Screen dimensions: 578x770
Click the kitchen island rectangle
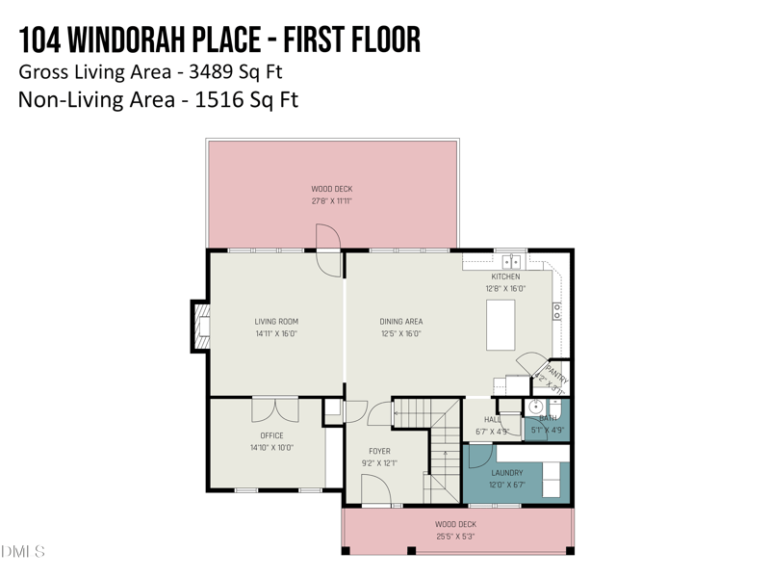pyautogui.click(x=500, y=325)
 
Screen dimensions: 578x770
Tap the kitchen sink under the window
pyautogui.click(x=511, y=261)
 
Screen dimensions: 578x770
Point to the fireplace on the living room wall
pyautogui.click(x=201, y=328)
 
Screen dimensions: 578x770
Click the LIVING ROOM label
pyautogui.click(x=276, y=322)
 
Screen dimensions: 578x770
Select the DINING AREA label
pyautogui.click(x=400, y=322)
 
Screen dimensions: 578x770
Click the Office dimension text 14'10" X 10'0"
pyautogui.click(x=271, y=448)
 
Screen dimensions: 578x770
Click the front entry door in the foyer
pyautogui.click(x=375, y=490)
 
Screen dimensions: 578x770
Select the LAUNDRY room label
pyautogui.click(x=507, y=473)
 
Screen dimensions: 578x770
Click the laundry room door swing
pyautogui.click(x=480, y=455)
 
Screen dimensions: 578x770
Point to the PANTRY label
pyautogui.click(x=556, y=373)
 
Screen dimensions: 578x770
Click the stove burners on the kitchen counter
pyautogui.click(x=557, y=310)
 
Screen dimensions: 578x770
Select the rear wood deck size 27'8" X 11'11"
pyautogui.click(x=331, y=201)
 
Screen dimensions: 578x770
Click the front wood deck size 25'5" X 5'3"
pyautogui.click(x=454, y=537)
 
